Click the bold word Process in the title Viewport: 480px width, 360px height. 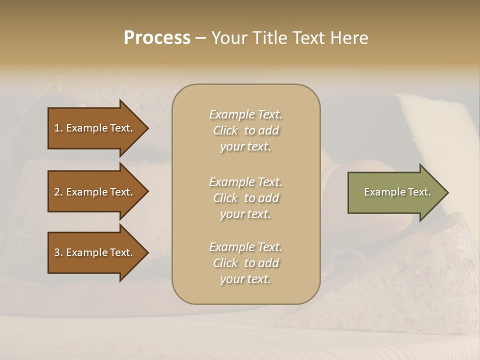tap(157, 38)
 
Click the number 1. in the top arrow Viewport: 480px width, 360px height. tap(58, 128)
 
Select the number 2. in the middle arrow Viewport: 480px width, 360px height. tap(58, 192)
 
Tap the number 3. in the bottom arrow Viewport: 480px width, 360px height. tap(58, 252)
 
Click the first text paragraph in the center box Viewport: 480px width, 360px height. tap(245, 130)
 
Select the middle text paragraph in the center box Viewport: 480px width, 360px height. tap(245, 197)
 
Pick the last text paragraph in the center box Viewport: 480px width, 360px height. tap(245, 263)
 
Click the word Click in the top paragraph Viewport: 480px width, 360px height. tap(225, 130)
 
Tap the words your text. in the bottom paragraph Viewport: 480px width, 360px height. tap(245, 279)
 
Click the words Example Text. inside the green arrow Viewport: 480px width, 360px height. tap(397, 192)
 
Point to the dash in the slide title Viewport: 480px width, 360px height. tap(200, 38)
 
